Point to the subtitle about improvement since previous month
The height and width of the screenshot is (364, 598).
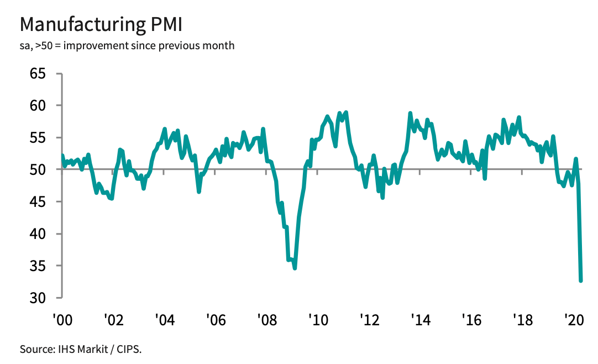127,45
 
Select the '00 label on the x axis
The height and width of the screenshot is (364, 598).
62,320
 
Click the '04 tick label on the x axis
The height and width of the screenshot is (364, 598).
164,320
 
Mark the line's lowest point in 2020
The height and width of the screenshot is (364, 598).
581,280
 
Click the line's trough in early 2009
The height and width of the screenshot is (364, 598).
295,268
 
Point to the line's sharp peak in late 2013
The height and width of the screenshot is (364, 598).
410,113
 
